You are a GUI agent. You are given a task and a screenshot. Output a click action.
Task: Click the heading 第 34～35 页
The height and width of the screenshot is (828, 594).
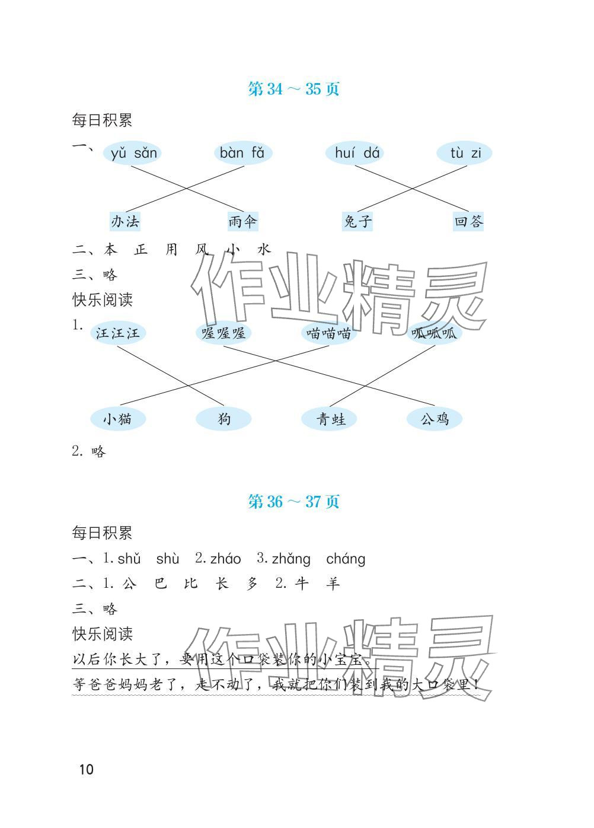(x=293, y=89)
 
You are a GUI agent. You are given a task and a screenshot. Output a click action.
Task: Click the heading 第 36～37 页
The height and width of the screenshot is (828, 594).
(x=293, y=502)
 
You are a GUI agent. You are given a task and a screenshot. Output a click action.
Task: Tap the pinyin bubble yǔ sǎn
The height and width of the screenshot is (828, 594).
(x=134, y=154)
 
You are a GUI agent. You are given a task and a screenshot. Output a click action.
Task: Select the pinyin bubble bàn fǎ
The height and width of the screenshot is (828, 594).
(x=242, y=154)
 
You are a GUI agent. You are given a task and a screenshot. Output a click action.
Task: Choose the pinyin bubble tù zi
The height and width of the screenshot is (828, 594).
(x=465, y=154)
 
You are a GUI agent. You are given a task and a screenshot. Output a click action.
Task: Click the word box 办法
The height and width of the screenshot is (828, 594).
(x=125, y=222)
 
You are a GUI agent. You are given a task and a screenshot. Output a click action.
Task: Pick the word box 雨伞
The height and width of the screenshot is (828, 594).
(x=243, y=222)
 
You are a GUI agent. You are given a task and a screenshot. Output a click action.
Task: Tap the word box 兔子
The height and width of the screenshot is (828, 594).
(x=357, y=222)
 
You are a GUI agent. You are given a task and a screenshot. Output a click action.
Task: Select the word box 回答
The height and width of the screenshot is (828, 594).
(x=468, y=222)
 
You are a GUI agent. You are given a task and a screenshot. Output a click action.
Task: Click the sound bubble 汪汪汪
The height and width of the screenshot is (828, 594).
(x=118, y=333)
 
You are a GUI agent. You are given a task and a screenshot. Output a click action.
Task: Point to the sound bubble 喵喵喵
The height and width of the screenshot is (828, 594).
(x=329, y=333)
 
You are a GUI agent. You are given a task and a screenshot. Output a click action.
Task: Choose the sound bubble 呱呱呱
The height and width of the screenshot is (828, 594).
(x=435, y=333)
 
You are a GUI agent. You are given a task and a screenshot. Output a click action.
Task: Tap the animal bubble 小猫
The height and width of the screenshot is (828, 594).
(x=117, y=419)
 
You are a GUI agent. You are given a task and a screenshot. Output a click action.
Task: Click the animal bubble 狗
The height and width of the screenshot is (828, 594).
(x=223, y=419)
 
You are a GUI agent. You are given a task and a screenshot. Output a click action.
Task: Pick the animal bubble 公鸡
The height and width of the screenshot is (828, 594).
(x=435, y=419)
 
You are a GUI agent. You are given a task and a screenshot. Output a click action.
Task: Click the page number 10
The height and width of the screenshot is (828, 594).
(x=86, y=770)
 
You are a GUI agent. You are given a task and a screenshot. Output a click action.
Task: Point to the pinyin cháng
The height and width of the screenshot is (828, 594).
(x=346, y=559)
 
